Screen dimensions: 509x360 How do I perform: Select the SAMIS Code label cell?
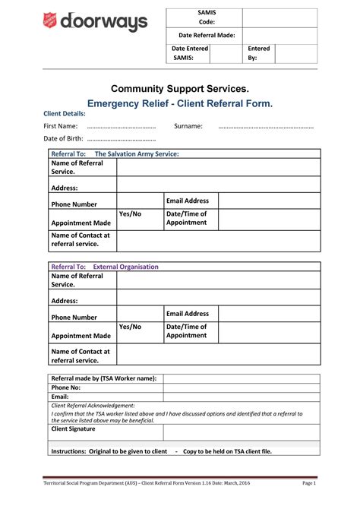(206, 17)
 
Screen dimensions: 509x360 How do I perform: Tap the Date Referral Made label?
(206, 36)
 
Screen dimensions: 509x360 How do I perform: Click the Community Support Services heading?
(180, 89)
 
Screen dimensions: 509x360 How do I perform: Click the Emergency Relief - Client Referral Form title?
(180, 103)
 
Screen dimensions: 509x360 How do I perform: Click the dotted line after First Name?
(122, 127)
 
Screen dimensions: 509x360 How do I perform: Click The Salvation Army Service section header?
(137, 153)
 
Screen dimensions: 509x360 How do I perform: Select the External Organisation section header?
(125, 267)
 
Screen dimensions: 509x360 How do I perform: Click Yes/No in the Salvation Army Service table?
(131, 214)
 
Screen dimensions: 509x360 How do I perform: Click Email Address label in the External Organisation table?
(188, 314)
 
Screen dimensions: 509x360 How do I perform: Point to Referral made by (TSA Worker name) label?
(103, 378)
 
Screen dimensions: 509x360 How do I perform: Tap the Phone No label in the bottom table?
(65, 387)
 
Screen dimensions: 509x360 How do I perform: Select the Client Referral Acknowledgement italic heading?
(93, 406)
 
